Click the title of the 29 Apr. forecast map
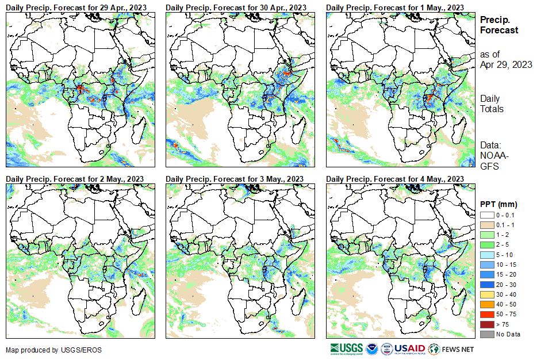coord(75,7)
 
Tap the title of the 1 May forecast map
coord(395,7)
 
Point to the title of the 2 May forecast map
coord(75,179)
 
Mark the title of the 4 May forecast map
coord(395,179)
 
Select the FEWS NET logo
coord(451,348)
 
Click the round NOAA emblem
coord(371,348)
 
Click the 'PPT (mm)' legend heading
coord(499,204)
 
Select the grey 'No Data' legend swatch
coord(486,334)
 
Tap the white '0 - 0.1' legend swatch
coord(486,215)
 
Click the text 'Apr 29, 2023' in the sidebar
coord(506,64)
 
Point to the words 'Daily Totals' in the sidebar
coord(492,104)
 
